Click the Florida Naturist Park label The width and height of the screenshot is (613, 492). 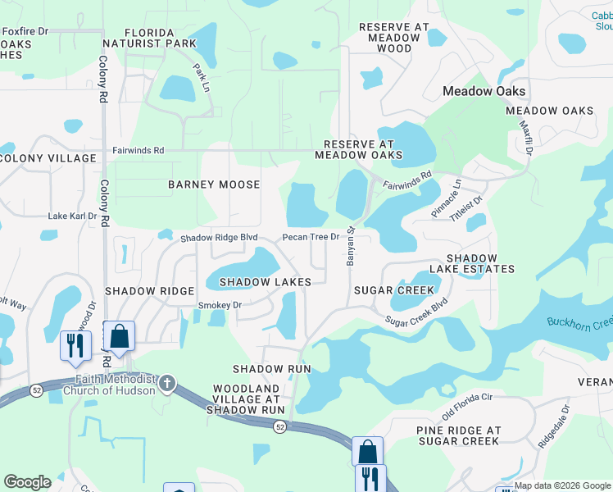point(149,36)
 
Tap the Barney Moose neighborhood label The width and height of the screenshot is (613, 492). point(214,184)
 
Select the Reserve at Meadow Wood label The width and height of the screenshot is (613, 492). point(394,38)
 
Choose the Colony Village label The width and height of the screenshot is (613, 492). point(48,157)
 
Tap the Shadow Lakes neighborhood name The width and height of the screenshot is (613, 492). point(265,282)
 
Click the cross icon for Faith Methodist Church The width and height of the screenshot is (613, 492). point(167,383)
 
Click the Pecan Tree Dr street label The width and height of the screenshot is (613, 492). point(311,237)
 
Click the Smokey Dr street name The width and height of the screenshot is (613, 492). point(220,305)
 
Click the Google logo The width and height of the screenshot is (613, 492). point(27,482)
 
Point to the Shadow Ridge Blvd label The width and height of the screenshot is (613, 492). point(220,238)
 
